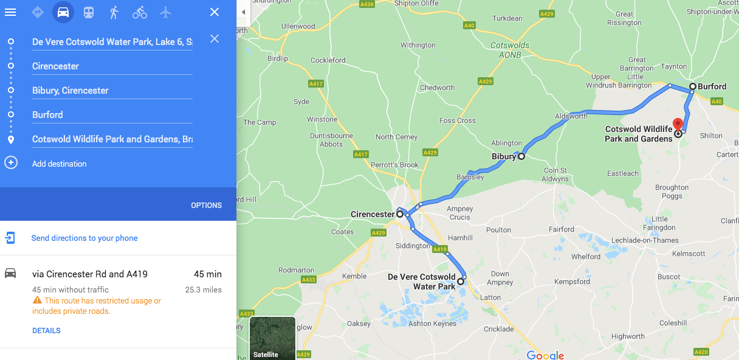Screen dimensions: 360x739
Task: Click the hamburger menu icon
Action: pyautogui.click(x=10, y=12)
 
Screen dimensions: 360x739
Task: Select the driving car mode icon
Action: pyautogui.click(x=63, y=12)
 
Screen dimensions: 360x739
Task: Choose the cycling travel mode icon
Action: pyautogui.click(x=140, y=12)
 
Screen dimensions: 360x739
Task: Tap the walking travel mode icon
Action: pyautogui.click(x=114, y=12)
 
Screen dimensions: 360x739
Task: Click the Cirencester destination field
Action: pyautogui.click(x=112, y=66)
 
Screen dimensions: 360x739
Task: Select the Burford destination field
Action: pyautogui.click(x=112, y=115)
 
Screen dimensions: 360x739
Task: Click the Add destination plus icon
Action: pyautogui.click(x=11, y=163)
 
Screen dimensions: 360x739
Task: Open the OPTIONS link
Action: pyautogui.click(x=207, y=206)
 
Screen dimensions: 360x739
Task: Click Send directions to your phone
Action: pyautogui.click(x=84, y=238)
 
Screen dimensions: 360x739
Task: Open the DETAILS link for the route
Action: pyautogui.click(x=46, y=331)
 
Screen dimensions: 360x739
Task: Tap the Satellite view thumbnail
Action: pyautogui.click(x=272, y=338)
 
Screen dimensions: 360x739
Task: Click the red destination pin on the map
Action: pyautogui.click(x=678, y=124)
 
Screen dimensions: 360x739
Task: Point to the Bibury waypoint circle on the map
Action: pyautogui.click(x=521, y=156)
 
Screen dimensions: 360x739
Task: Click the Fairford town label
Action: pyautogui.click(x=561, y=229)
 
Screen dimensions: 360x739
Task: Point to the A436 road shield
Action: pyautogui.click(x=366, y=4)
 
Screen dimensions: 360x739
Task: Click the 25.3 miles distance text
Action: pyautogui.click(x=204, y=290)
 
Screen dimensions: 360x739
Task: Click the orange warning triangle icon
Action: pyautogui.click(x=38, y=300)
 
